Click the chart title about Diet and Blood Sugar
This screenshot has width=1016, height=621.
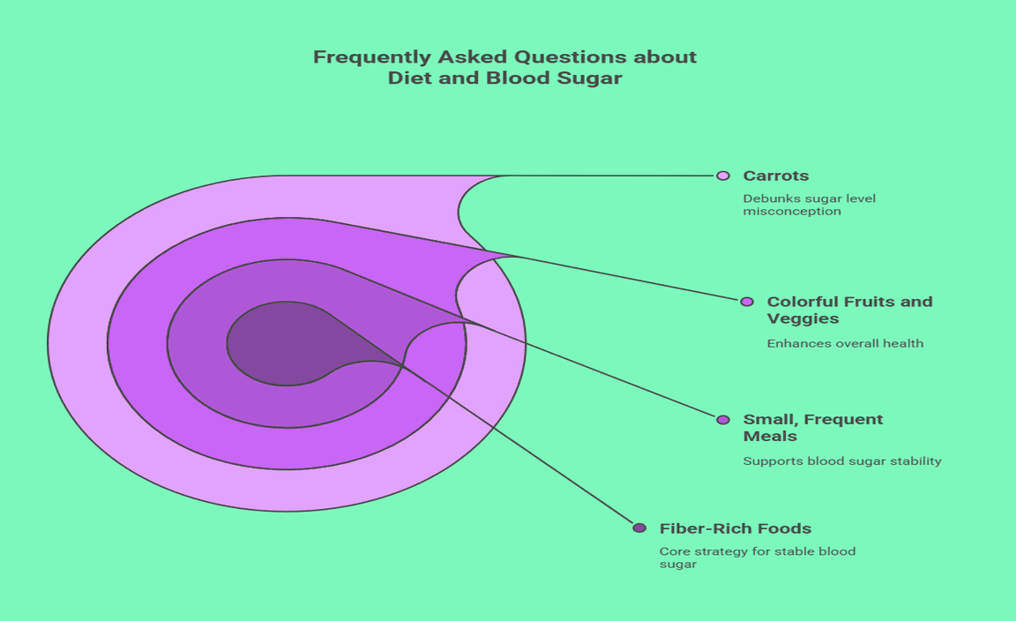(504, 67)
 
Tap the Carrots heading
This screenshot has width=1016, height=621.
(775, 176)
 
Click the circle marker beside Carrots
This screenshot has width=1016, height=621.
(723, 176)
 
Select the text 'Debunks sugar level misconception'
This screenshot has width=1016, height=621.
(810, 205)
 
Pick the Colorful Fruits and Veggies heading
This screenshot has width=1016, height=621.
(848, 310)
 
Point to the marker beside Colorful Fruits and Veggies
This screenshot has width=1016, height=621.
(747, 302)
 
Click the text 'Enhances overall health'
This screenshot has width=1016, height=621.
(845, 343)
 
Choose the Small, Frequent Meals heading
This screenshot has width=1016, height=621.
(812, 428)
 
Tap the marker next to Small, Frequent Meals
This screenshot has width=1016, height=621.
(723, 420)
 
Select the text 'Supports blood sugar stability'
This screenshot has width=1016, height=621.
(842, 460)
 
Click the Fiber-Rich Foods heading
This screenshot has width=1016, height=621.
(735, 528)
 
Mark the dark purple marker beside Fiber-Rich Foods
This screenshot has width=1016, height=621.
(639, 528)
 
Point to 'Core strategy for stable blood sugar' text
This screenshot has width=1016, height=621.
(757, 557)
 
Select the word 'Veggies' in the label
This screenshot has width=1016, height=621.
(803, 318)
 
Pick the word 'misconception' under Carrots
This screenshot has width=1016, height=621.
(792, 212)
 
